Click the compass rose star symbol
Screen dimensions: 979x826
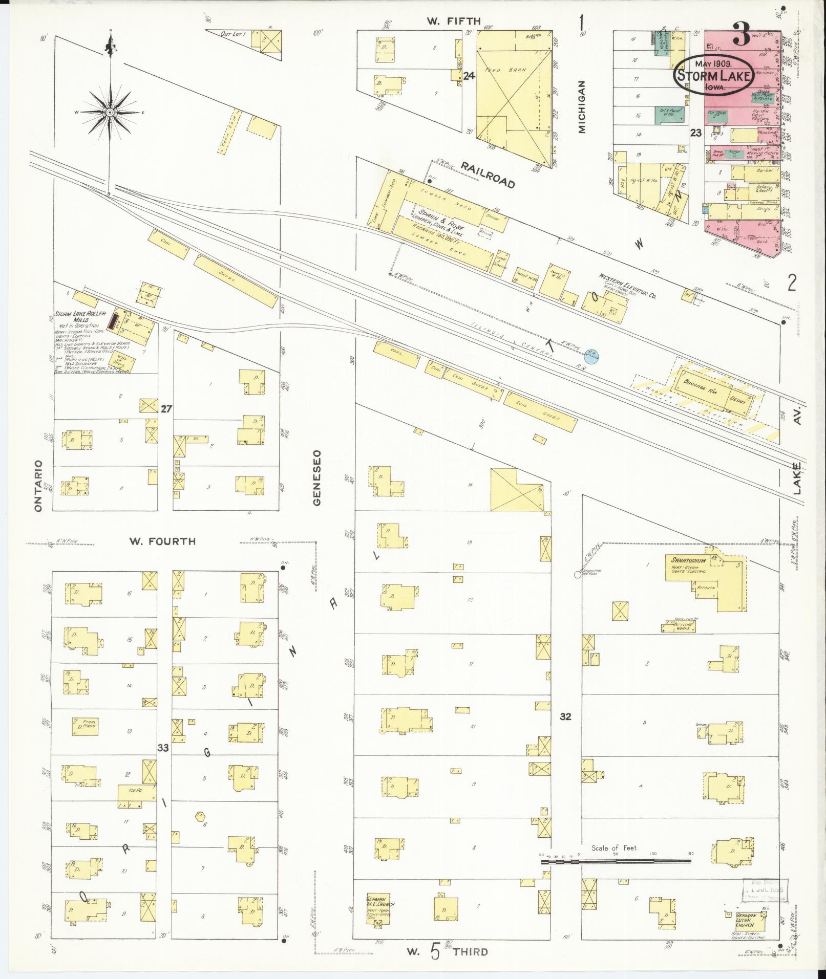pos(110,111)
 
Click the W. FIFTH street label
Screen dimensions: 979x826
pos(447,21)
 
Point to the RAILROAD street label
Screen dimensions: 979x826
pos(487,174)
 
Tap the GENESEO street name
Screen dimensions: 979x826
pos(317,477)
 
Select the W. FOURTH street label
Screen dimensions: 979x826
pos(162,541)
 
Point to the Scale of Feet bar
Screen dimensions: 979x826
pos(615,862)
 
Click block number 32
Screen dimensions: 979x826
pos(565,716)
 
